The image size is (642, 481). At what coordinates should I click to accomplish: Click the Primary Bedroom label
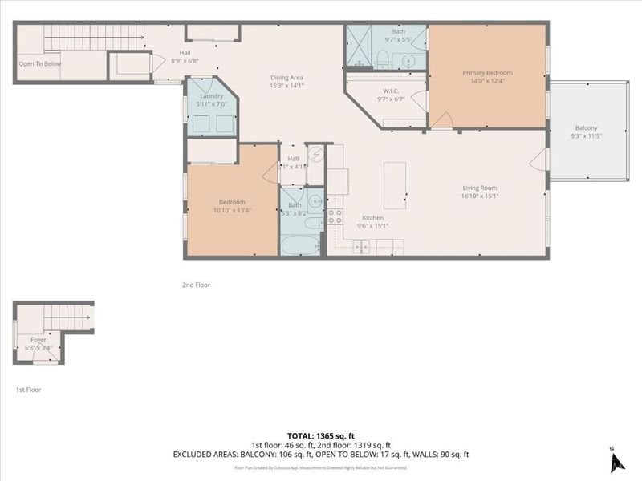(x=487, y=73)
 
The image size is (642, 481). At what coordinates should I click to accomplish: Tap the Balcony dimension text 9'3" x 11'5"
(x=586, y=136)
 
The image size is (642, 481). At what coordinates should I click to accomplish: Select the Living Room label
(x=481, y=187)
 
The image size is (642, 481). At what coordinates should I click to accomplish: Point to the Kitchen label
(x=372, y=217)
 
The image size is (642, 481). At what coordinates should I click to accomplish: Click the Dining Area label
(x=286, y=77)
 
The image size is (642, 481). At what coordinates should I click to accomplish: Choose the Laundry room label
(x=212, y=95)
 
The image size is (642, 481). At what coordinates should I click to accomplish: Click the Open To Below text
(x=39, y=64)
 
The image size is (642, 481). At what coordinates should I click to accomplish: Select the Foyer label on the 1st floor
(x=39, y=339)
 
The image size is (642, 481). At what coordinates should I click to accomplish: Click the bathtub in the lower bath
(x=300, y=245)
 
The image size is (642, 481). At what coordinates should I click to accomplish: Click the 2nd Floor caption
(x=196, y=284)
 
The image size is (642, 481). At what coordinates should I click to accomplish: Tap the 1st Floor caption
(x=28, y=389)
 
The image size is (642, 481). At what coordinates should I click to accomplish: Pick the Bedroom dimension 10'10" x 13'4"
(x=233, y=211)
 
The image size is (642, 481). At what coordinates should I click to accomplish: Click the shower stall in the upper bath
(x=359, y=46)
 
